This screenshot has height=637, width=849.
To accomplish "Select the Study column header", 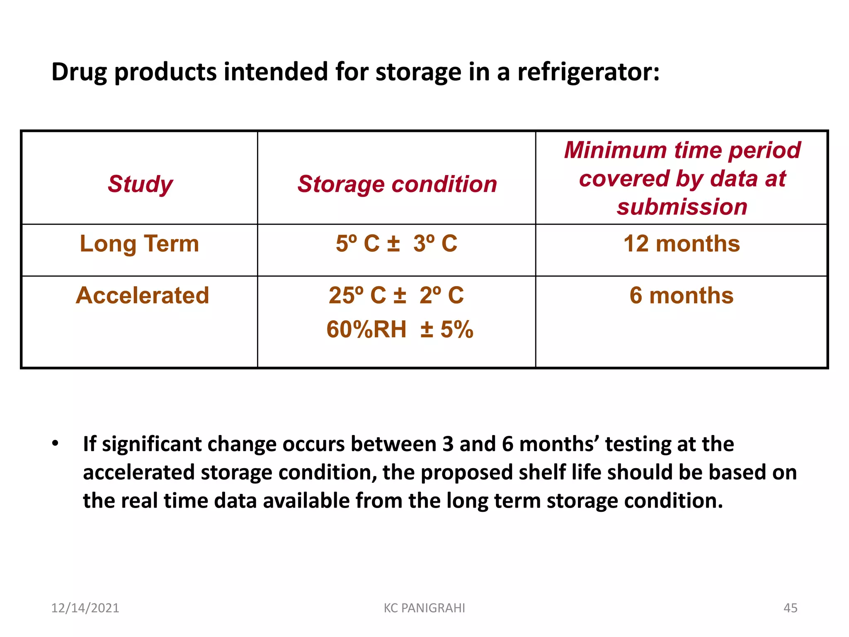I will click(140, 184).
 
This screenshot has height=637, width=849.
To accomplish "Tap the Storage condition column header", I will click(397, 184).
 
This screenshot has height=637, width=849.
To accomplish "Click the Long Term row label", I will click(139, 243).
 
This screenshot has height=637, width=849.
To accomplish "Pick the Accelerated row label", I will click(142, 295).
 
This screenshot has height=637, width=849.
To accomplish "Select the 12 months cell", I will click(682, 243).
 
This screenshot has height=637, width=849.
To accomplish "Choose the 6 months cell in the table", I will click(682, 295).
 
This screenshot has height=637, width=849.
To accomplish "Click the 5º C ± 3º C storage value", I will click(396, 243).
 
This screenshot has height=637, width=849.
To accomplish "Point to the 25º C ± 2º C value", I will click(396, 295).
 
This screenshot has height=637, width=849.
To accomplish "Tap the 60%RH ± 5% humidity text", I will click(400, 329).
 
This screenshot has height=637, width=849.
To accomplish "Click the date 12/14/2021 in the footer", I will click(85, 608).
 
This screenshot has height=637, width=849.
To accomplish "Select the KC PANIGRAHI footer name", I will click(424, 608).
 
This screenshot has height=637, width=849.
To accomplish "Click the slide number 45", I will click(790, 608).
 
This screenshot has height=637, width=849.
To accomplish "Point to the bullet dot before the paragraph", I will click(55, 443).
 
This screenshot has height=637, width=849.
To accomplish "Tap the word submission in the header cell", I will click(682, 207).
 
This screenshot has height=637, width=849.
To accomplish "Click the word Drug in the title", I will click(79, 72).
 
